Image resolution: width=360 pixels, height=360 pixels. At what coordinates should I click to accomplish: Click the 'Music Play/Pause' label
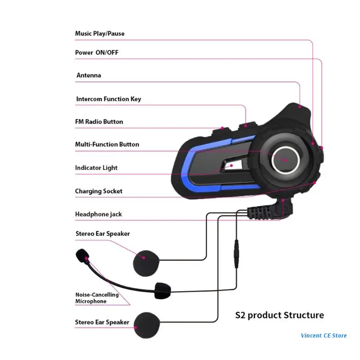[99, 34]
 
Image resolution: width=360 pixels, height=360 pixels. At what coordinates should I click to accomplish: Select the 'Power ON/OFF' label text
[97, 53]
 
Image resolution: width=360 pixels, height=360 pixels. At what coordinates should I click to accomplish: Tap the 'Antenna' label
[89, 76]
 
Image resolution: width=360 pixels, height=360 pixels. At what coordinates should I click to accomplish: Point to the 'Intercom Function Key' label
[108, 99]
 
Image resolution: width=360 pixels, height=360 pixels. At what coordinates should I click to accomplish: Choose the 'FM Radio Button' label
[99, 122]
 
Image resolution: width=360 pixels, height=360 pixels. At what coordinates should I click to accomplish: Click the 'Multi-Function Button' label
[107, 144]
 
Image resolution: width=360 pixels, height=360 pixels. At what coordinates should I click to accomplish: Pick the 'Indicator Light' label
[96, 168]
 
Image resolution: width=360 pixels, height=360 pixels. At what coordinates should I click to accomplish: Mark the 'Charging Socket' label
[99, 191]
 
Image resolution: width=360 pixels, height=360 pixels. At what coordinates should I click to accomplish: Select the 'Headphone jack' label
[99, 214]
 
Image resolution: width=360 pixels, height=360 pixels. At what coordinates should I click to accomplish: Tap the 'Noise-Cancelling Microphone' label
[97, 298]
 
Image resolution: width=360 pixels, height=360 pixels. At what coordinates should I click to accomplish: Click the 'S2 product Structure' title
[279, 315]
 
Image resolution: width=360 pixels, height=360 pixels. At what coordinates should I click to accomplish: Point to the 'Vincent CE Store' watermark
[324, 335]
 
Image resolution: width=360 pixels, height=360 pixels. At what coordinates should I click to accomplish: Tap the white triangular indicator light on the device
[229, 166]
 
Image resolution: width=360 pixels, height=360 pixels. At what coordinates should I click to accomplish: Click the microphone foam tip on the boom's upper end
[82, 255]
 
